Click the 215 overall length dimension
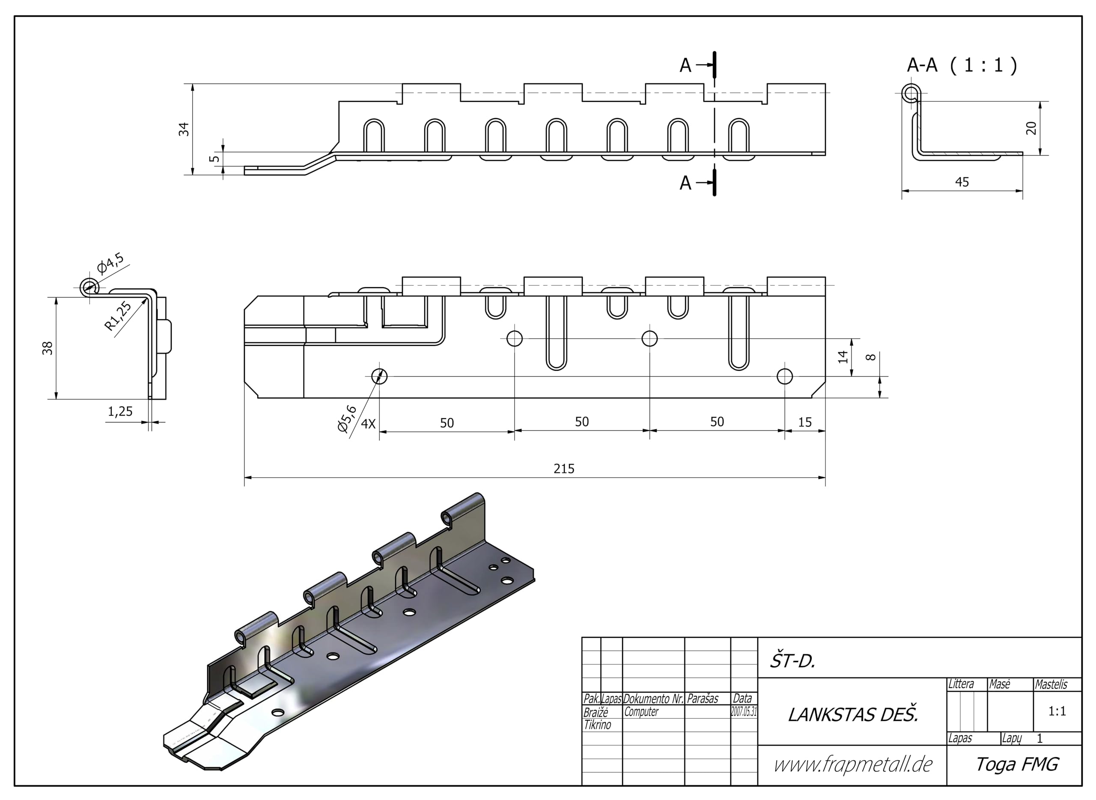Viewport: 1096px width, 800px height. pos(564,469)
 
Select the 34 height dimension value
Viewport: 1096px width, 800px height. pos(184,129)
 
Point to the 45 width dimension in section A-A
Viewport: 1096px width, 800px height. pos(962,182)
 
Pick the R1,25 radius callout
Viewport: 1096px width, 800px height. pos(118,316)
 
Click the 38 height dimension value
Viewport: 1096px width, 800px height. pos(48,348)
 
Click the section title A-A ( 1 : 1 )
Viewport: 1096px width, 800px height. pos(962,65)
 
